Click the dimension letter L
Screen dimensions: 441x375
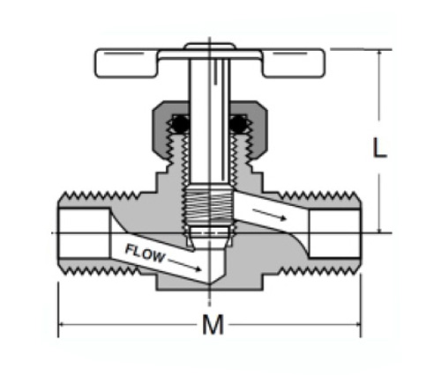click(x=379, y=147)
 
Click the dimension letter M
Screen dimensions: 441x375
click(x=213, y=325)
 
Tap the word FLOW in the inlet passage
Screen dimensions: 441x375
click(x=145, y=254)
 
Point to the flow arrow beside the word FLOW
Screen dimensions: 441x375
click(x=184, y=264)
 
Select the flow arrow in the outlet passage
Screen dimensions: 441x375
click(x=269, y=214)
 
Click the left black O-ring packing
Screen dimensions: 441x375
click(x=180, y=124)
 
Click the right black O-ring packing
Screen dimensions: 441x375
click(x=239, y=124)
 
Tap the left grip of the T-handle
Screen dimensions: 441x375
click(x=126, y=63)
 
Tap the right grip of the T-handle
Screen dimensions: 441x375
click(x=294, y=63)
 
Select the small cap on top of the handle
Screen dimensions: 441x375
click(x=210, y=46)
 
